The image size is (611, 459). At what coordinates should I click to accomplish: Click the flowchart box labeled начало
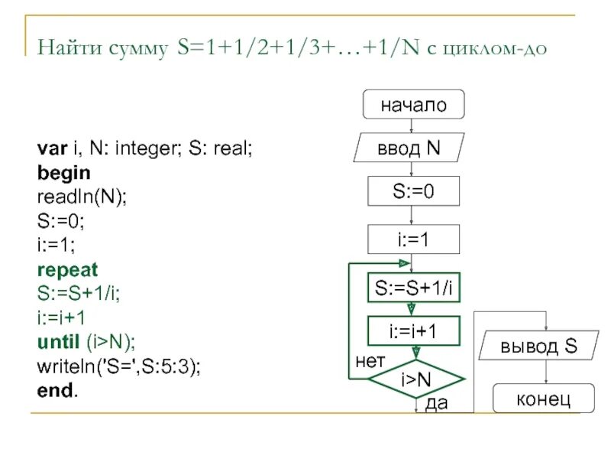[413, 105]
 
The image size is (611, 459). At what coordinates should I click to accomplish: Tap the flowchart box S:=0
[413, 190]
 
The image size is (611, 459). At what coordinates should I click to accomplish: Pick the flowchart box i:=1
[413, 239]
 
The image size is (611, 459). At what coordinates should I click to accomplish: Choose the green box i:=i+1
[414, 330]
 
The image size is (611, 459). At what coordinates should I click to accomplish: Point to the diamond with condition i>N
[416, 377]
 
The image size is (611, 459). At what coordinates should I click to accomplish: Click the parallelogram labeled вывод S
[539, 346]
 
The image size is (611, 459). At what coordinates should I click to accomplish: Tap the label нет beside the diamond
[370, 360]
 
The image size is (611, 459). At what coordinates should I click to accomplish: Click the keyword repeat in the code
[67, 270]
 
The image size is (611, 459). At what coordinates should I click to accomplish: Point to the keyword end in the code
[54, 389]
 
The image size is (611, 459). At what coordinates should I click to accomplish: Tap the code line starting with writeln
[118, 365]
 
